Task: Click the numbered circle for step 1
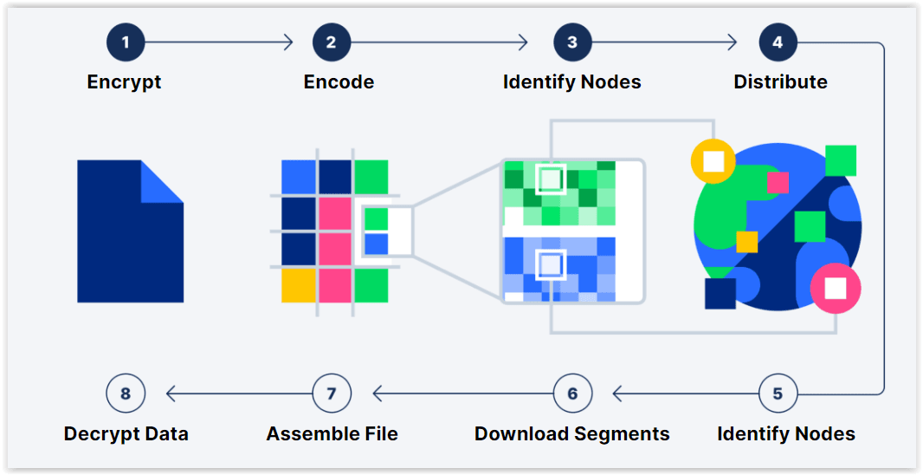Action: (x=126, y=42)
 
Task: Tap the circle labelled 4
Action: (x=778, y=42)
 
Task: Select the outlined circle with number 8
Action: (x=126, y=394)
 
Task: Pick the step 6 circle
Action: (x=572, y=394)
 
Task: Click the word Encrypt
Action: (x=124, y=82)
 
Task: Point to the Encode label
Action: (x=339, y=82)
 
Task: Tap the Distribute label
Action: (x=780, y=82)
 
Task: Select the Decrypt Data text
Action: (x=126, y=433)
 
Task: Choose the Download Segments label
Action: (x=571, y=433)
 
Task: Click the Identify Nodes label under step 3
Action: (x=571, y=82)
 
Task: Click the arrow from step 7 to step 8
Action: (x=238, y=394)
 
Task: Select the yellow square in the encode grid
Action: (x=298, y=285)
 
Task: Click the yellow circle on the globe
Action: (x=713, y=160)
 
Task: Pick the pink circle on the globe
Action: (x=836, y=288)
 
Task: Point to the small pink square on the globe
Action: (x=778, y=182)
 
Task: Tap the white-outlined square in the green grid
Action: (x=550, y=179)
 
